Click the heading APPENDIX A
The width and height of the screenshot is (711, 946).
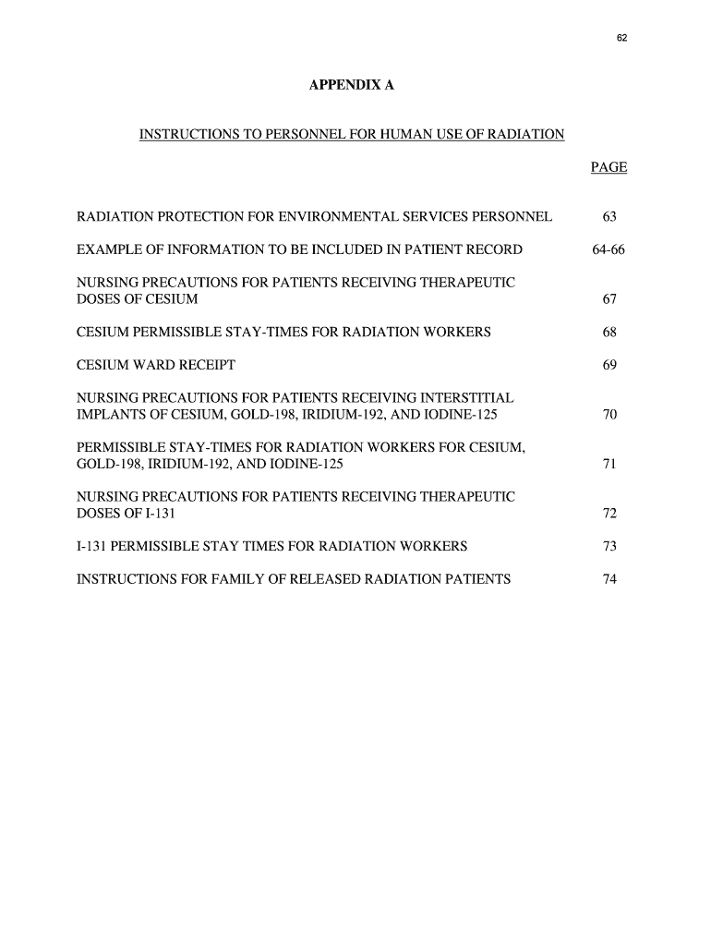click(x=351, y=85)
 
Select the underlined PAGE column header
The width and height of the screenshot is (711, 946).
click(x=609, y=167)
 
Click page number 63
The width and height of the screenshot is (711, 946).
click(x=609, y=217)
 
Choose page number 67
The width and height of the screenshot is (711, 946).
click(x=609, y=300)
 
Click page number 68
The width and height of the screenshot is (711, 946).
click(x=609, y=333)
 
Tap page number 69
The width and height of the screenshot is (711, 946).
click(x=609, y=366)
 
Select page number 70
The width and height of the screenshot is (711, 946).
click(x=609, y=415)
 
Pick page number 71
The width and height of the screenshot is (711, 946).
click(x=609, y=465)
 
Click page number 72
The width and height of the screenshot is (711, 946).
click(x=609, y=514)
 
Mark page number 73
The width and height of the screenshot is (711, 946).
click(x=609, y=547)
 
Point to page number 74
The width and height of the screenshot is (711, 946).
click(x=609, y=579)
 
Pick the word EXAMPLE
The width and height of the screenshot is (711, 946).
click(x=110, y=250)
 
